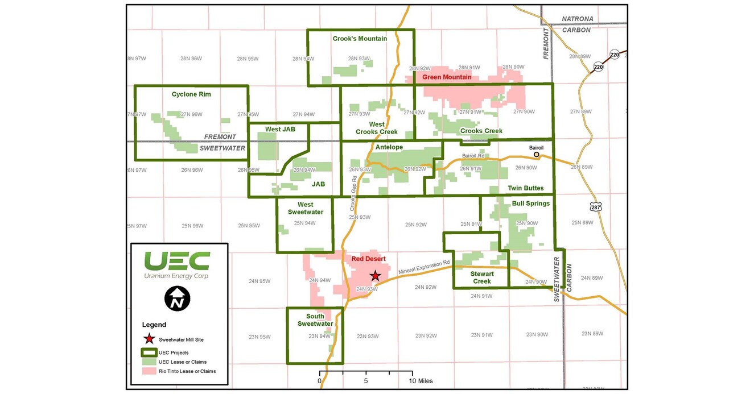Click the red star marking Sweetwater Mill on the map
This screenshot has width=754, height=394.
[x=375, y=276]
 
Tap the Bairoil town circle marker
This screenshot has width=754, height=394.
[x=536, y=154]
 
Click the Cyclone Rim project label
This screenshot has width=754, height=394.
[x=191, y=94]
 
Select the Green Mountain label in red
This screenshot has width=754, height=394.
[x=447, y=77]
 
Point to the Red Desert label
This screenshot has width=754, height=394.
[x=368, y=259]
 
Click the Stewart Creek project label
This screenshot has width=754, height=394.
[x=481, y=277]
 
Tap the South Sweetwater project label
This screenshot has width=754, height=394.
[x=315, y=320]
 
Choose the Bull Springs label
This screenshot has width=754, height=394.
[x=530, y=203]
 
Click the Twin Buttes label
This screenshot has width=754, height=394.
[x=526, y=188]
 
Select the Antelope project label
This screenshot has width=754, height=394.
[x=389, y=147]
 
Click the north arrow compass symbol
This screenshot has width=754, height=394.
[x=177, y=298]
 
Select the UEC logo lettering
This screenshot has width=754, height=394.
[x=176, y=261]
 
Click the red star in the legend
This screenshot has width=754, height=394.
[x=149, y=339]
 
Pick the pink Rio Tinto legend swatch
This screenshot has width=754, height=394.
[x=149, y=371]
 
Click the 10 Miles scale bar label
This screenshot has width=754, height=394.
[x=422, y=381]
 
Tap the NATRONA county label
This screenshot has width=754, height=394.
[x=578, y=19]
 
